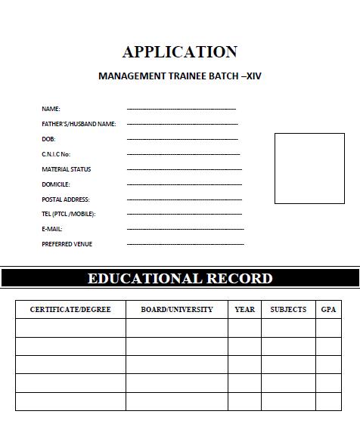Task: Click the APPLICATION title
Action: pyautogui.click(x=180, y=52)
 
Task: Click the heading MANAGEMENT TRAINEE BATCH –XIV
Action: pyautogui.click(x=180, y=76)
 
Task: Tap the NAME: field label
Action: pyautogui.click(x=51, y=109)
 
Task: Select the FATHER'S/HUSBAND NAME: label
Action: pyautogui.click(x=79, y=124)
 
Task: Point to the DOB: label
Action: pyautogui.click(x=48, y=139)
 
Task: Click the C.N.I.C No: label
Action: pyautogui.click(x=56, y=154)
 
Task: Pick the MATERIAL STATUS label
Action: pyautogui.click(x=66, y=169)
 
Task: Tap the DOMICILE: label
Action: pyautogui.click(x=55, y=184)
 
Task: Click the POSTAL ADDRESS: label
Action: pyautogui.click(x=65, y=199)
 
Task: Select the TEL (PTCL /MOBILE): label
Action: pyautogui.click(x=68, y=214)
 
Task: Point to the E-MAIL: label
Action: pyautogui.click(x=52, y=229)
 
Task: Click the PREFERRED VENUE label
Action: pyautogui.click(x=67, y=244)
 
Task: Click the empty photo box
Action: pyautogui.click(x=309, y=168)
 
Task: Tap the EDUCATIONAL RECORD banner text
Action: pyautogui.click(x=180, y=278)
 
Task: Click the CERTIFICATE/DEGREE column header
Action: pyautogui.click(x=70, y=310)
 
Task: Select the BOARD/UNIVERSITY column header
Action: pyautogui.click(x=177, y=310)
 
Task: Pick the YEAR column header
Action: pyautogui.click(x=245, y=310)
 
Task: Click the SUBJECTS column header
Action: pyautogui.click(x=288, y=310)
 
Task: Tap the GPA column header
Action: pyautogui.click(x=328, y=310)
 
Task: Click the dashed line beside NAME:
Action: pyautogui.click(x=182, y=110)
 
